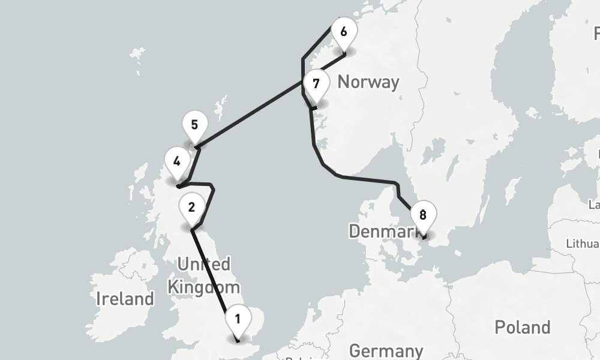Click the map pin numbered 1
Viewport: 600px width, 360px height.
[238, 319]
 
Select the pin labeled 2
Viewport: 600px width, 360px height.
[191, 208]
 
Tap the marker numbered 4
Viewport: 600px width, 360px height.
[176, 161]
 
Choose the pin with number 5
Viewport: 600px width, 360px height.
[194, 125]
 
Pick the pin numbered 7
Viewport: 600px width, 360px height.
[316, 85]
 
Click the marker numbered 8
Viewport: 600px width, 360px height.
[423, 215]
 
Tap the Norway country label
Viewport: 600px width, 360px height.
[368, 82]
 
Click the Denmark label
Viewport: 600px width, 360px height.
[378, 231]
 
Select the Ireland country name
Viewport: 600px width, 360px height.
[125, 298]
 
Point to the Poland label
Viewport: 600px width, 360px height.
[522, 327]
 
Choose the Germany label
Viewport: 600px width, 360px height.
[386, 350]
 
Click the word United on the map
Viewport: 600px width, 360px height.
[203, 264]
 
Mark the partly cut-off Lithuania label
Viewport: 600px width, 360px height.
[583, 244]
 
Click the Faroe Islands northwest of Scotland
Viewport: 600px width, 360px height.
[137, 57]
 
